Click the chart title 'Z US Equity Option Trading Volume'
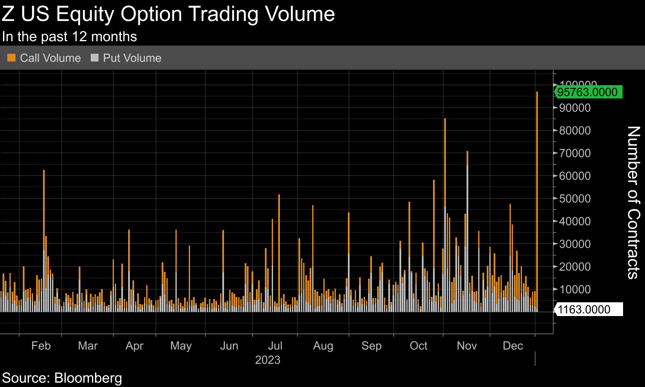[168, 14]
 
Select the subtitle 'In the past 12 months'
[69, 37]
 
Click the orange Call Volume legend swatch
[12, 58]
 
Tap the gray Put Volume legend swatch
[95, 58]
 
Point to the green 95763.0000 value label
[587, 92]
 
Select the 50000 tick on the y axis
[575, 199]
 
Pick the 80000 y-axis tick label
[575, 131]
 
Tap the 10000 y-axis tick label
[575, 289]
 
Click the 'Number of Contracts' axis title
[633, 202]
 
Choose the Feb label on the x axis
[41, 346]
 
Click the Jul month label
[275, 346]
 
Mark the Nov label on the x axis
[467, 346]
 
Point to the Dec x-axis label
[513, 346]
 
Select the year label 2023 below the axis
[267, 360]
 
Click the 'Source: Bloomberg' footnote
[62, 378]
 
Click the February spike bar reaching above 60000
[44, 236]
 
